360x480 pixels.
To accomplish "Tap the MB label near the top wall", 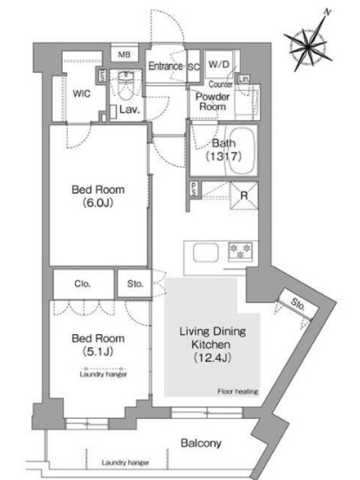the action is click(x=124, y=55).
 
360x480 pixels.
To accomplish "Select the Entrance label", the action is click(x=166, y=66).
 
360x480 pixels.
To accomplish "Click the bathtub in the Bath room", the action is click(x=242, y=151).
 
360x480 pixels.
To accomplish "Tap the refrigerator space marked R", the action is click(x=244, y=196).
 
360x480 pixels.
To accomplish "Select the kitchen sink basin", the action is click(x=206, y=253).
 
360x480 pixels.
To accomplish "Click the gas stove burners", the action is click(x=241, y=251).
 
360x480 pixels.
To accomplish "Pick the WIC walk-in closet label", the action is click(x=82, y=94).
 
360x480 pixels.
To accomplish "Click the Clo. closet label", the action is click(x=82, y=284).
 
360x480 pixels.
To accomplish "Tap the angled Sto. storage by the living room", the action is click(x=297, y=304).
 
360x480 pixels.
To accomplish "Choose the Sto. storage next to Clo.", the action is click(x=135, y=284).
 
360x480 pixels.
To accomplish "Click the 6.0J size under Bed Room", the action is click(x=98, y=203).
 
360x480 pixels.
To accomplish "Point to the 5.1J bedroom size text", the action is click(x=98, y=352).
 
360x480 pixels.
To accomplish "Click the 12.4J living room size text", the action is click(x=212, y=358).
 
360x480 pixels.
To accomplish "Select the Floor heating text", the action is click(x=238, y=391).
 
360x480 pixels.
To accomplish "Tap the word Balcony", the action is click(x=201, y=443).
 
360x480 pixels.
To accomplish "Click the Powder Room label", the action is click(x=212, y=101).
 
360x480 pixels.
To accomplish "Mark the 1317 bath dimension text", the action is click(x=223, y=157).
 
